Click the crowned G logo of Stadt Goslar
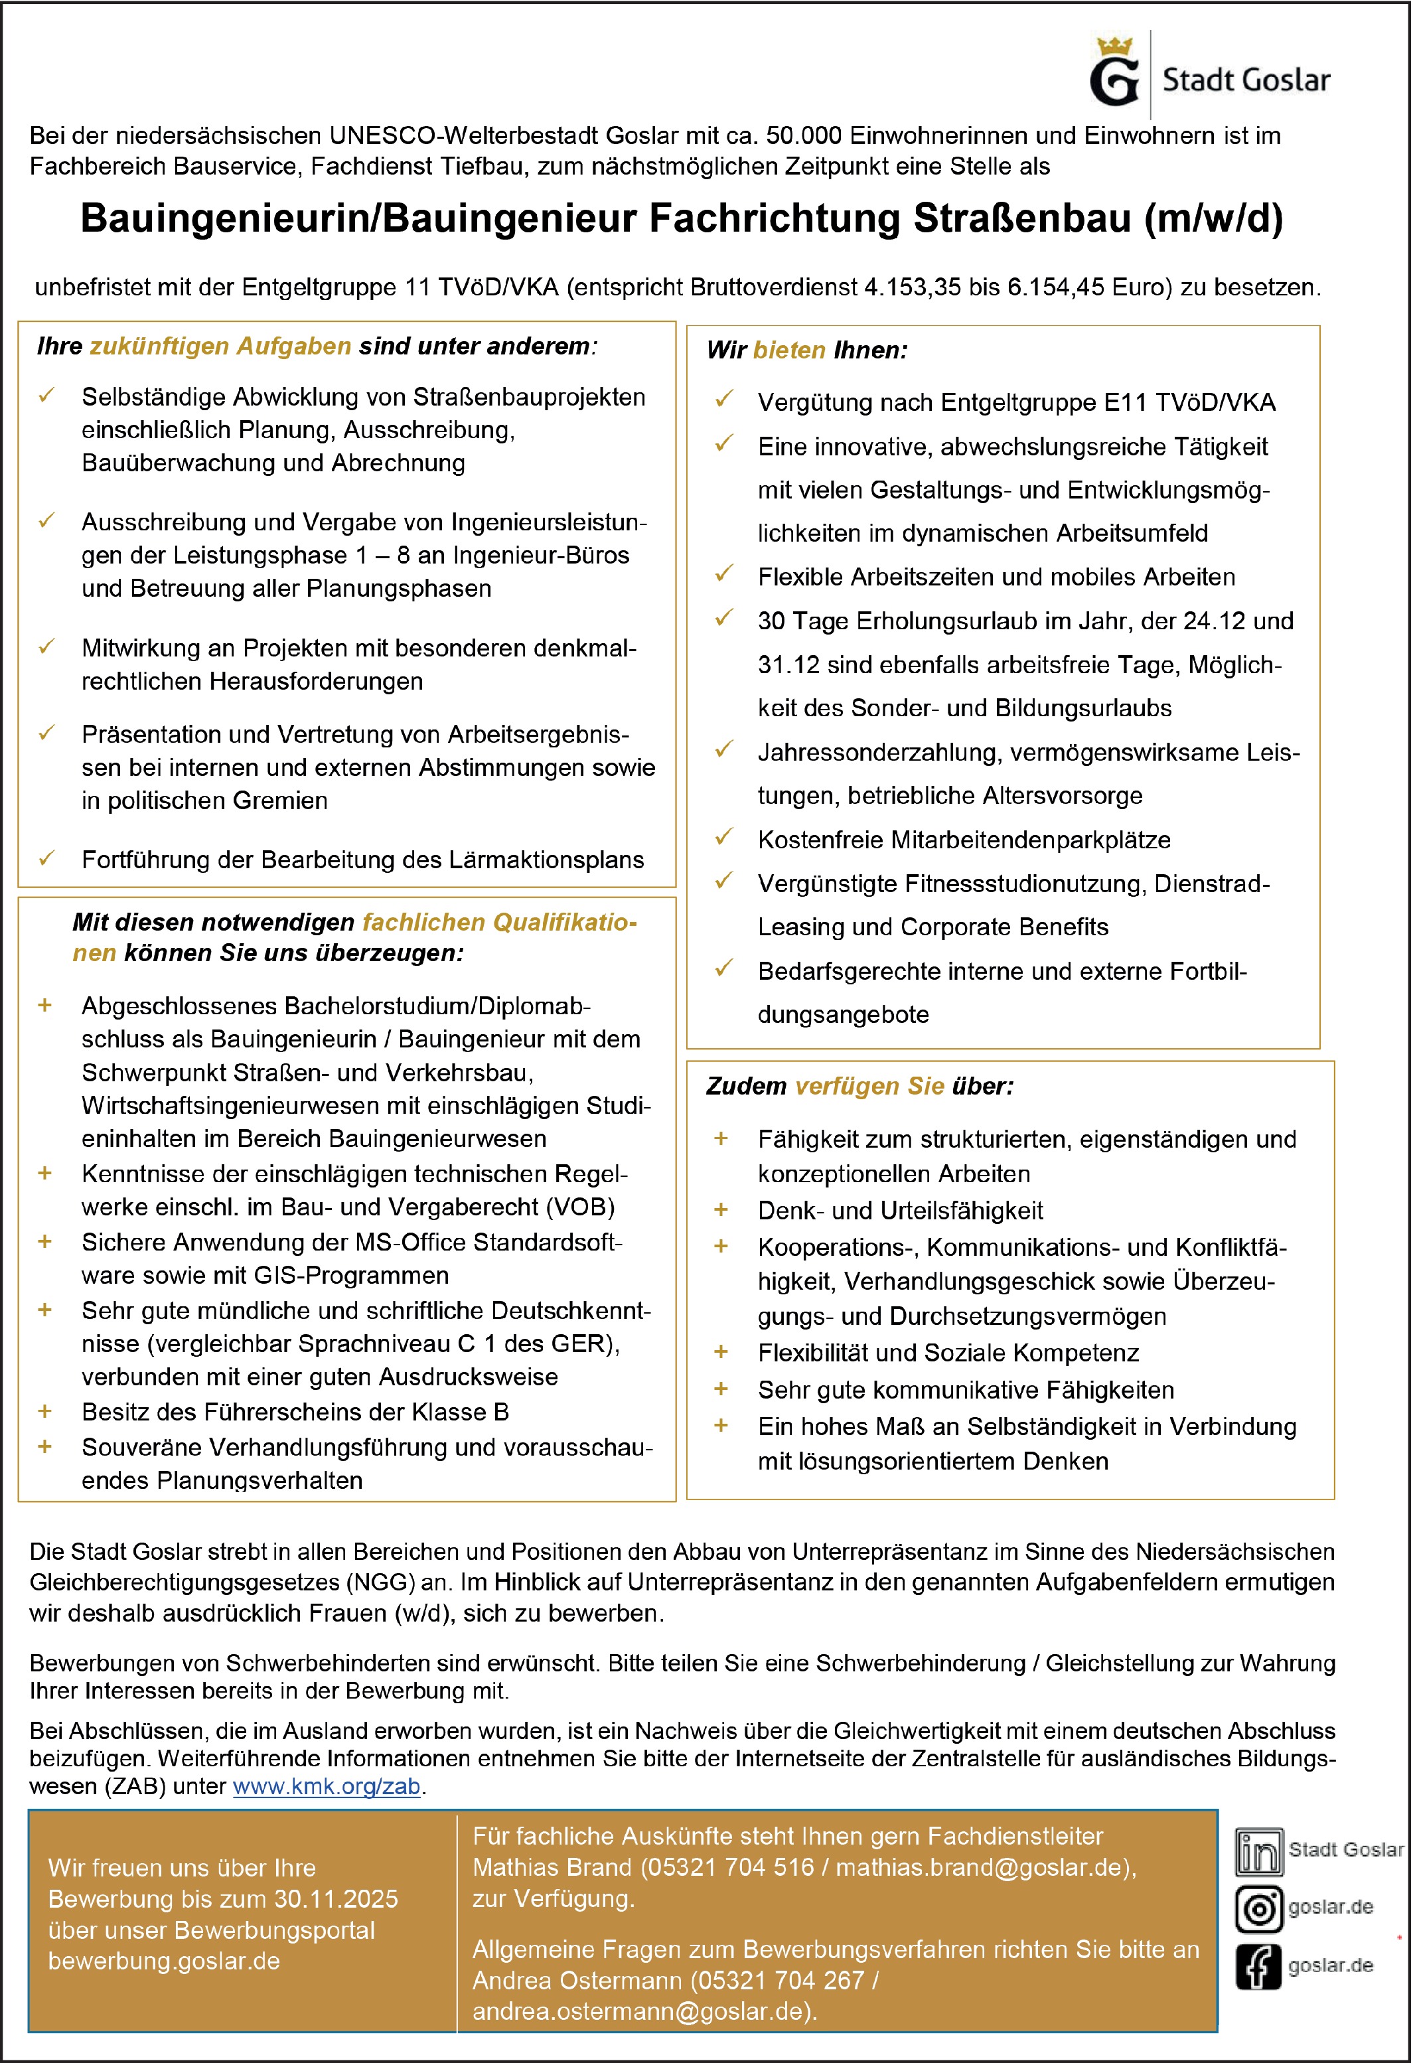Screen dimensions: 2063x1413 click(x=1115, y=74)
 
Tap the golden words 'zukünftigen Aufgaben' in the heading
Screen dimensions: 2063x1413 click(x=220, y=346)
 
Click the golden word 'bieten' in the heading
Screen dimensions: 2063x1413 click(x=789, y=350)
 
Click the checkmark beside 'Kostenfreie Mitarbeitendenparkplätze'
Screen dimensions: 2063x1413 click(x=724, y=837)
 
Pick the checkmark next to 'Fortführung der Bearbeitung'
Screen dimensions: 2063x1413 click(x=47, y=858)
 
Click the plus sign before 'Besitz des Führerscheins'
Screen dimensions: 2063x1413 click(x=45, y=1411)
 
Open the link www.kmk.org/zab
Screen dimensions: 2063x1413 click(x=327, y=1787)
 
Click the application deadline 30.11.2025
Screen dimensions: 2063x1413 click(x=336, y=1899)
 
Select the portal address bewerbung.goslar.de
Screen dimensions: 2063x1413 click(x=164, y=1961)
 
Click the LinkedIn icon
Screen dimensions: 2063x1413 click(x=1258, y=1853)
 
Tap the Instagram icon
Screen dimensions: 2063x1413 click(x=1258, y=1910)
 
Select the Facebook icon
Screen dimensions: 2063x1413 click(x=1258, y=1966)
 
